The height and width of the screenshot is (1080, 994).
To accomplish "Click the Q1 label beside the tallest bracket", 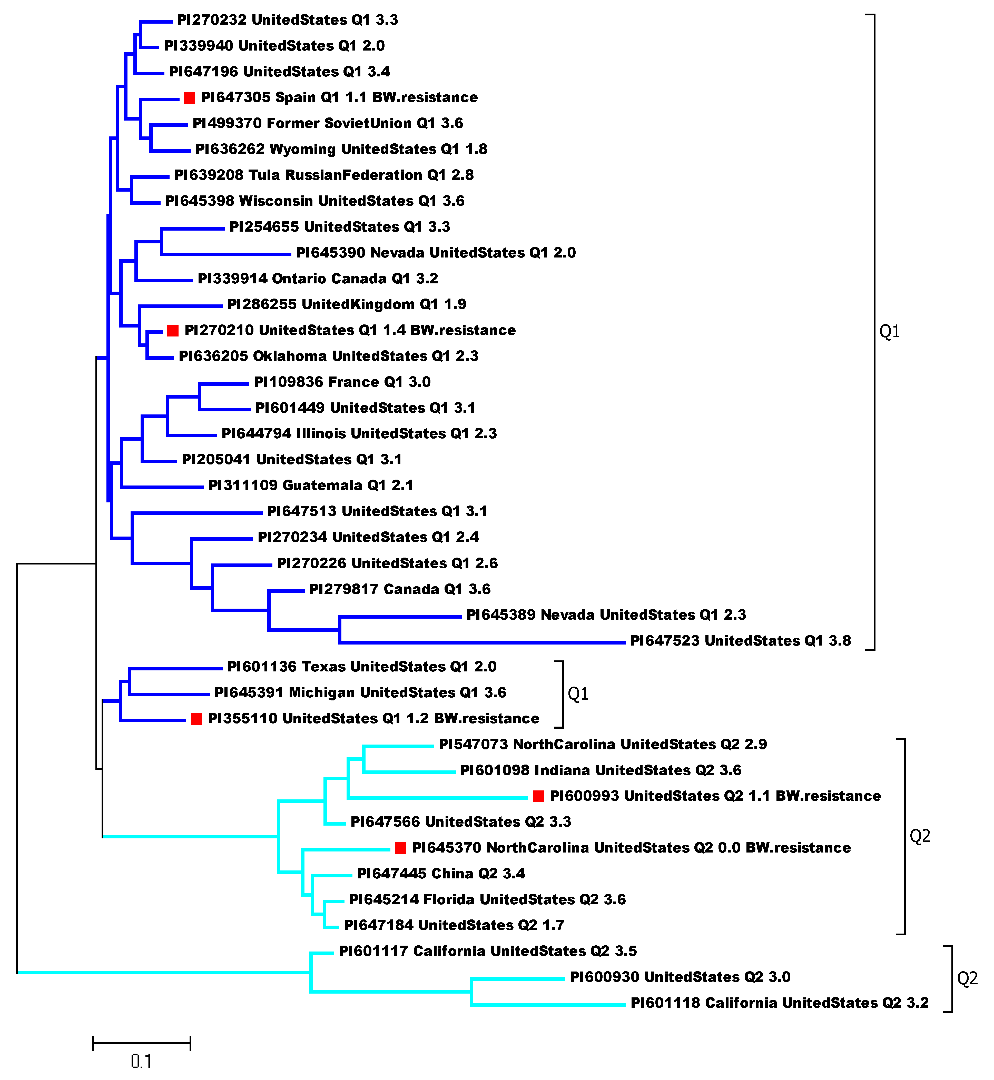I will tap(889, 332).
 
